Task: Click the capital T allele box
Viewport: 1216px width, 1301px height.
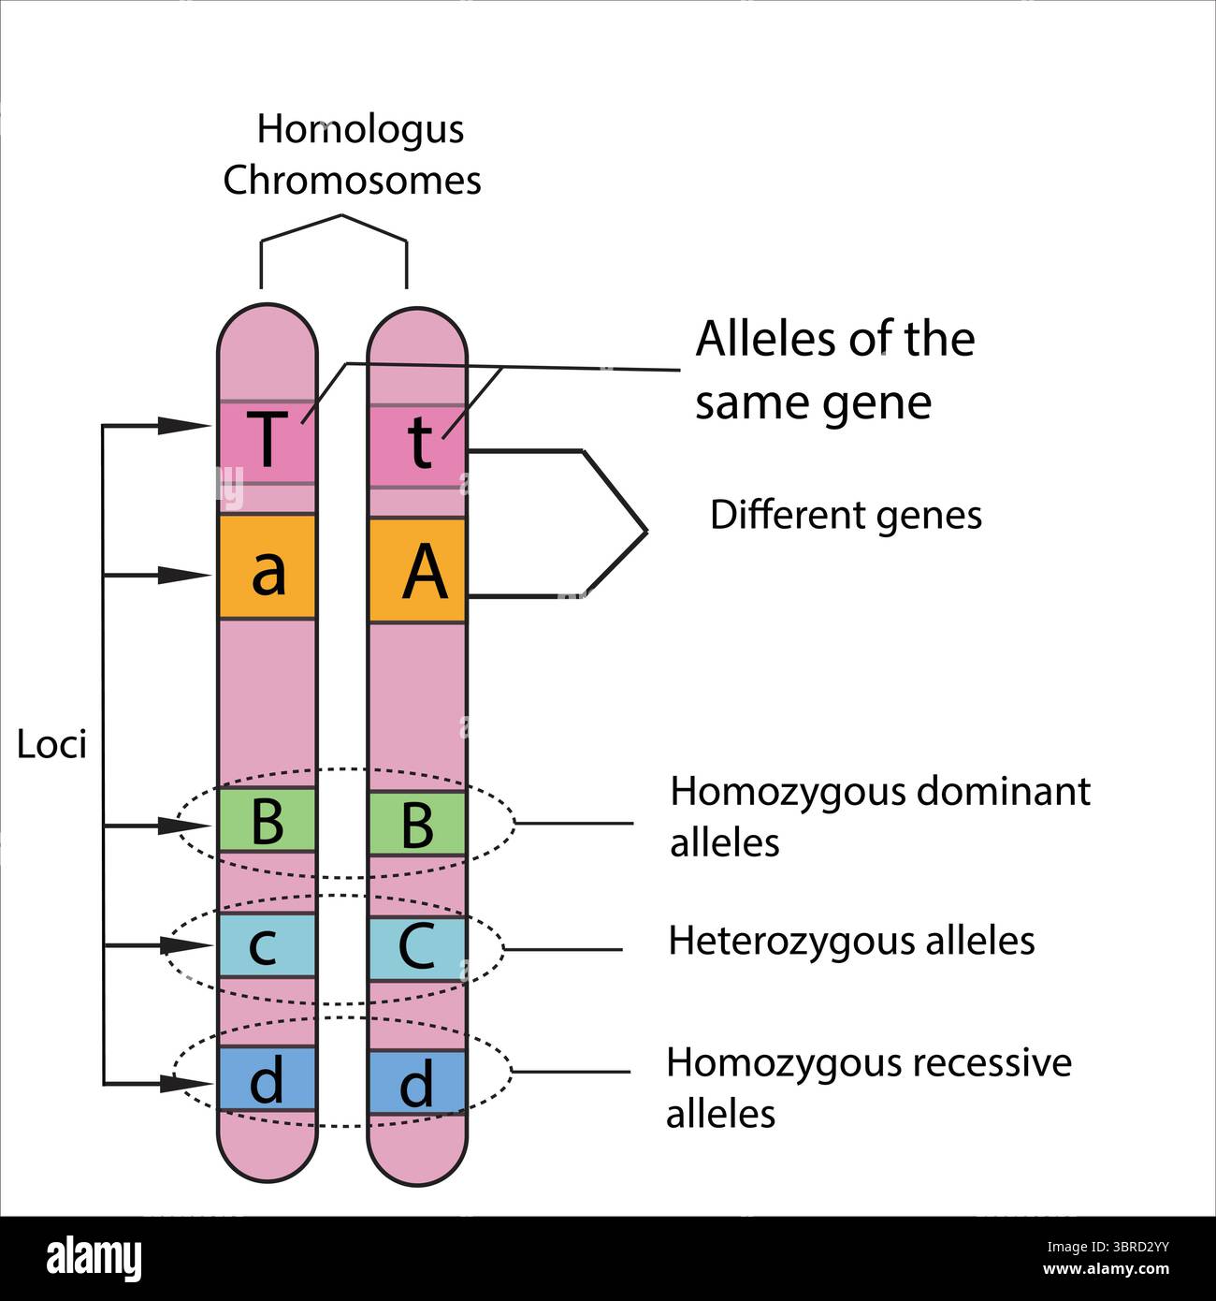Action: [268, 443]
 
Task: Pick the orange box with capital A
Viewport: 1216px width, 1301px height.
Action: [418, 570]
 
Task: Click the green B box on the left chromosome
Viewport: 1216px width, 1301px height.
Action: [268, 820]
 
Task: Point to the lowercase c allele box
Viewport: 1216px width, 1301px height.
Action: [267, 945]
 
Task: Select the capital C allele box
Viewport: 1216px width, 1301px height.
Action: [417, 948]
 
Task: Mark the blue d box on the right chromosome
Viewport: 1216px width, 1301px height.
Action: [417, 1083]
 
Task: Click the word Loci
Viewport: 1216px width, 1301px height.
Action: [51, 745]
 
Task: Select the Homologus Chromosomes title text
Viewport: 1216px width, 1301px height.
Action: [353, 155]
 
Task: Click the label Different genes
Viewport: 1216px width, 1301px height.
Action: [846, 516]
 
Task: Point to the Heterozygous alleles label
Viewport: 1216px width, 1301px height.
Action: [851, 941]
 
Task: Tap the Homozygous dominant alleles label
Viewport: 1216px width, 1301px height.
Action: [879, 817]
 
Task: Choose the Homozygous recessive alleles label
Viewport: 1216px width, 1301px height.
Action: [868, 1089]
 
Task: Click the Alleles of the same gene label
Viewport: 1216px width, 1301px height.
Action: [834, 371]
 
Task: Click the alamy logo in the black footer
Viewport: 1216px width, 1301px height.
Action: [94, 1259]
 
